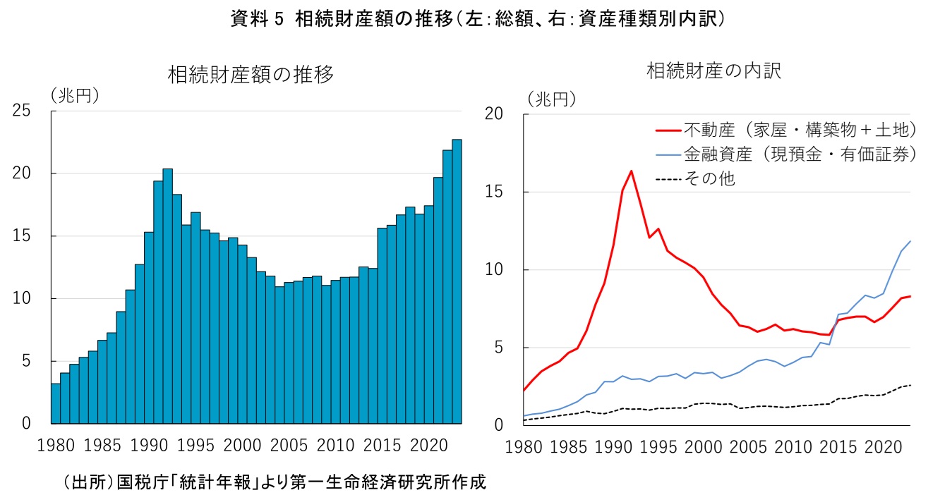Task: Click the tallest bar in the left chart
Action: point(457,282)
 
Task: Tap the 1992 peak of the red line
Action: point(631,171)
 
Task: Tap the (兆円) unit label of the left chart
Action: point(73,94)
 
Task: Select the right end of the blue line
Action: point(910,241)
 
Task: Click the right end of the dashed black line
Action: point(910,385)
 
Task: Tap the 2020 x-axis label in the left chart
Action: point(429,446)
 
